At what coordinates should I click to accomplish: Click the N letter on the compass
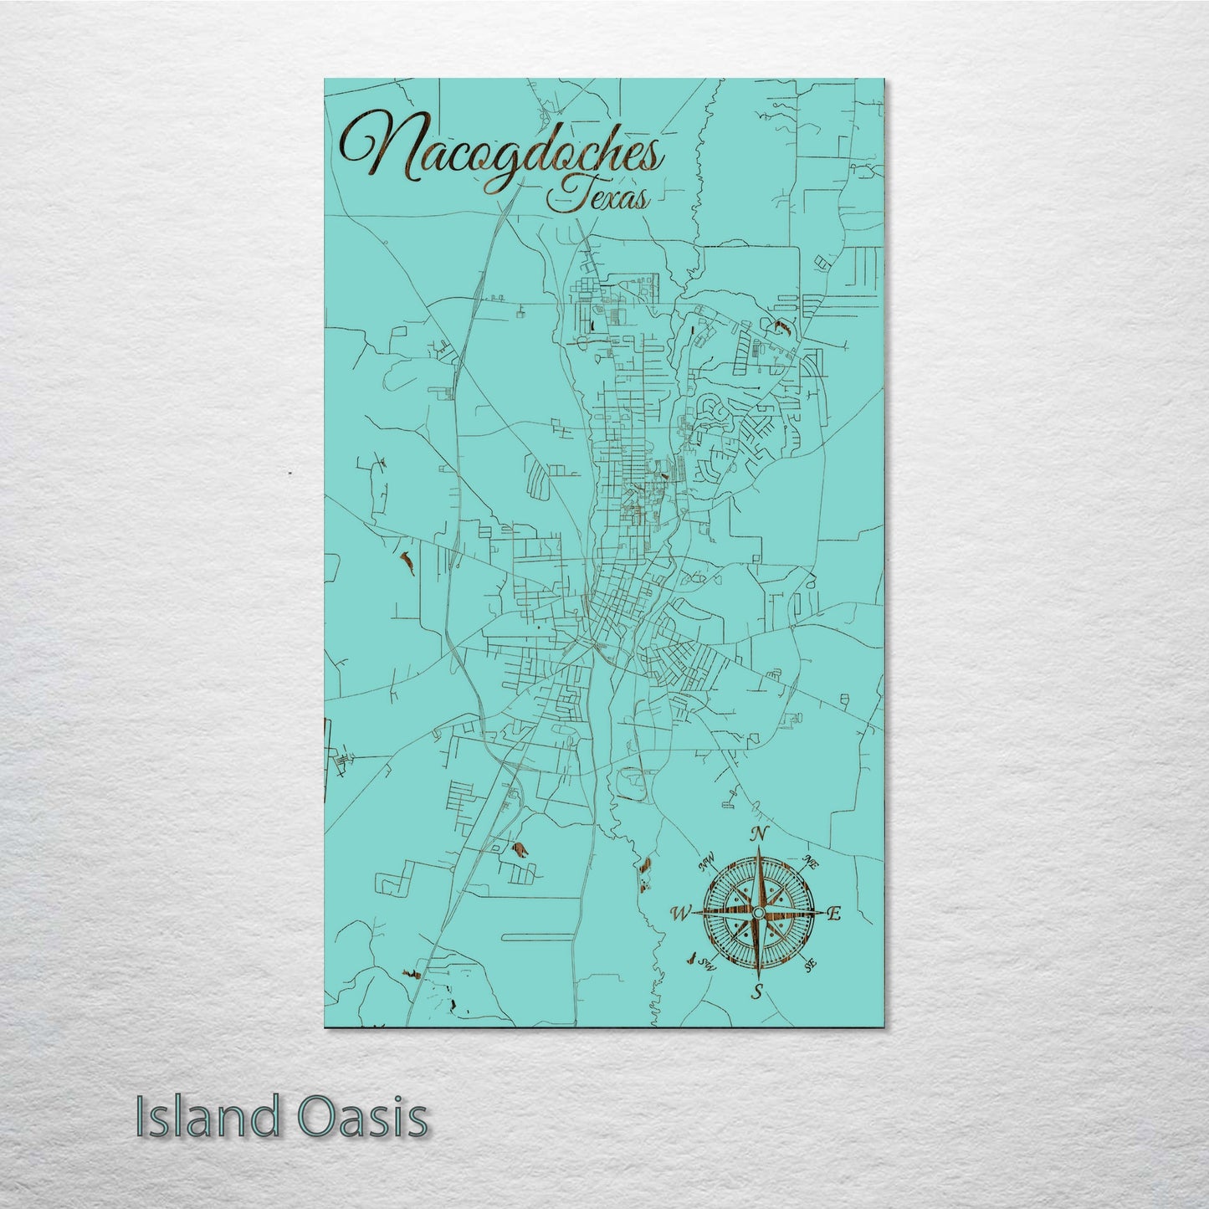point(760,834)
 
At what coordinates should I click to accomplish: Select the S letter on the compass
point(758,992)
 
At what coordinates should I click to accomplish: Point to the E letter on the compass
point(833,915)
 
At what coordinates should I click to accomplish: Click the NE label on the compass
point(809,861)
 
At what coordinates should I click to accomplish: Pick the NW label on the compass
point(707,860)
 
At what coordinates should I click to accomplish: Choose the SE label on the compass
point(810,966)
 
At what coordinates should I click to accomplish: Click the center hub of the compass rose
point(758,911)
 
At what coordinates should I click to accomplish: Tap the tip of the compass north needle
point(759,848)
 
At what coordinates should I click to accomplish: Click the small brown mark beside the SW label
point(691,957)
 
